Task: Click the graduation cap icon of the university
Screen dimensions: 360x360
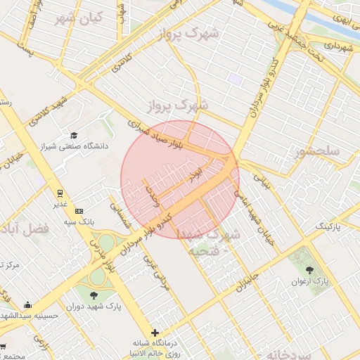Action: [x=74, y=135]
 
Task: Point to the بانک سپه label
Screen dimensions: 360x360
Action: [x=60, y=221]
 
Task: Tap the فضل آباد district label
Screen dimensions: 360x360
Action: [x=26, y=229]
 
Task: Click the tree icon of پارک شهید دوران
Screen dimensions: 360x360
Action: [x=94, y=295]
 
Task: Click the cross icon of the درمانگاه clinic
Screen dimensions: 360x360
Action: [x=155, y=333]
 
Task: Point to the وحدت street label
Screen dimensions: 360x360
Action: [x=152, y=198]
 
